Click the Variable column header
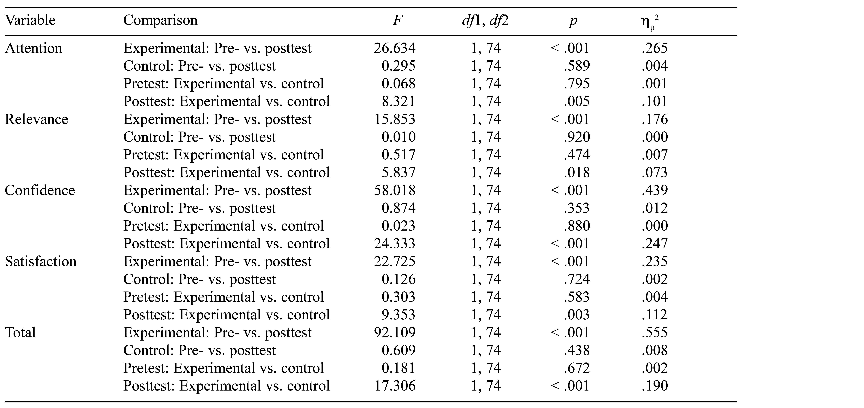(30, 20)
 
